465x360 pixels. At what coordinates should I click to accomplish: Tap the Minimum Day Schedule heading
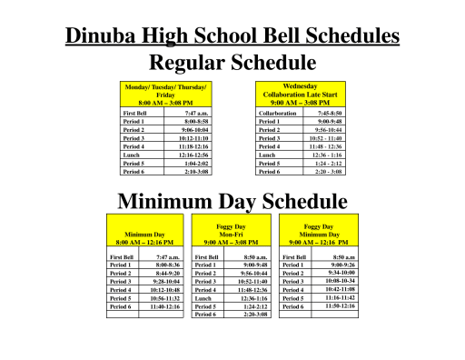[x=232, y=201]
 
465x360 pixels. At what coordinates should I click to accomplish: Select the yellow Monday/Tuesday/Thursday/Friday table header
[x=165, y=94]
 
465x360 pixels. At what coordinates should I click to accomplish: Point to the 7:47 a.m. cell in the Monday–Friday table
[x=195, y=113]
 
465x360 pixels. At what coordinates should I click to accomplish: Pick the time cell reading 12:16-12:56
[x=191, y=154]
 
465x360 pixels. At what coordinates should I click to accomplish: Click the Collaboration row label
[x=278, y=113]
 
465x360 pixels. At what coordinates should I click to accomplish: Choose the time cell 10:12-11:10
[x=191, y=137]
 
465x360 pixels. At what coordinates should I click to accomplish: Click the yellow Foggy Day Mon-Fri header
[x=232, y=235]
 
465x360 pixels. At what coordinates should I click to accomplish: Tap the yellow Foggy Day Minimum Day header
[x=318, y=235]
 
